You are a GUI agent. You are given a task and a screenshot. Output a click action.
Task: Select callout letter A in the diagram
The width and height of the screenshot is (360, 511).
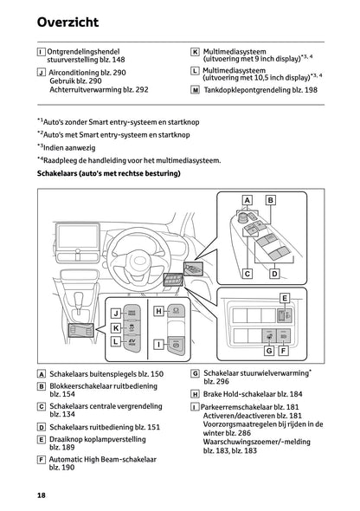tap(247, 200)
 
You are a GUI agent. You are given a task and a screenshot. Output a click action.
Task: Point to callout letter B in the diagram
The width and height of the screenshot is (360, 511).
tap(269, 200)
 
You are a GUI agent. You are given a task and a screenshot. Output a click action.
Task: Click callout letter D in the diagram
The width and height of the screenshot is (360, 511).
tap(274, 274)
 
